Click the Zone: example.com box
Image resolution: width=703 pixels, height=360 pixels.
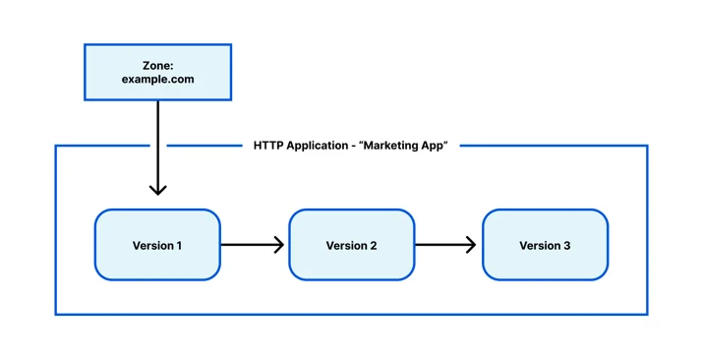(158, 72)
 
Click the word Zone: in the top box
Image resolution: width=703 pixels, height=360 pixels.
(158, 66)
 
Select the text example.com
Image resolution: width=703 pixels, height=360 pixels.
(158, 80)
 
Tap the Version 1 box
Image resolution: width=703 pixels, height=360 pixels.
(157, 245)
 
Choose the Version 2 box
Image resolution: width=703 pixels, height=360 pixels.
(352, 245)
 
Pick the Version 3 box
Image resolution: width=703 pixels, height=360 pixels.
(545, 245)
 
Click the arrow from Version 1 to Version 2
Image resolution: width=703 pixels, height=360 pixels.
(253, 245)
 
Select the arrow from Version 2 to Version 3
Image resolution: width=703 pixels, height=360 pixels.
(445, 245)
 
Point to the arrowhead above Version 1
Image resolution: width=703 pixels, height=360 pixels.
(158, 190)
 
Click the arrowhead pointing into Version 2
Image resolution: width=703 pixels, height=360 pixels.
(279, 245)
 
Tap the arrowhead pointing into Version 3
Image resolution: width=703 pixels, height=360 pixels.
(471, 245)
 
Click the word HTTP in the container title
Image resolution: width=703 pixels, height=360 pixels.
(268, 146)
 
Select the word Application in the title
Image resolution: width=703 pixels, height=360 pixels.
(318, 147)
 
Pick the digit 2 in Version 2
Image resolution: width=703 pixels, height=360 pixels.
(373, 246)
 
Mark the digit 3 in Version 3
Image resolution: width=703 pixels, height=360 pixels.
(566, 246)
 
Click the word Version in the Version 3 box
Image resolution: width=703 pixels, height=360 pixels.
(539, 246)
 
